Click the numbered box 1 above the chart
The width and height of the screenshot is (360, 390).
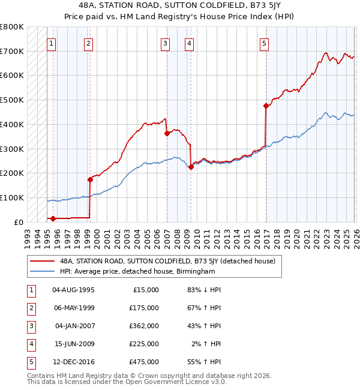52,43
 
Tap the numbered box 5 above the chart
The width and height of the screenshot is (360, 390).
265,43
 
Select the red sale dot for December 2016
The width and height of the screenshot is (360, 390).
265,106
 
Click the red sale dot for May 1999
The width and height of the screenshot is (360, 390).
90,179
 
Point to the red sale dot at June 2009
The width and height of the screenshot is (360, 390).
191,167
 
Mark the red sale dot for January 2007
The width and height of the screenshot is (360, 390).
167,134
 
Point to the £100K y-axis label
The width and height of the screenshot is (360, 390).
12,197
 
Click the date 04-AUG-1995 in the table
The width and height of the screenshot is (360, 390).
73,290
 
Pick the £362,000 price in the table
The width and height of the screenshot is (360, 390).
144,326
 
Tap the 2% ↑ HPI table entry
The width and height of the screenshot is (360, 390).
208,344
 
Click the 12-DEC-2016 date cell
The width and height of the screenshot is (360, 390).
73,362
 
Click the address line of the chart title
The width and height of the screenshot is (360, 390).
180,5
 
